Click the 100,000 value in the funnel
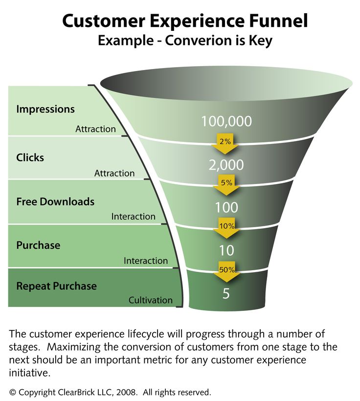[226, 121]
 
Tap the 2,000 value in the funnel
[226, 165]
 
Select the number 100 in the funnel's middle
[226, 207]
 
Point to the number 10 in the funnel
[226, 251]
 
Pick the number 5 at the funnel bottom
[226, 294]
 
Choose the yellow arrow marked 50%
[226, 271]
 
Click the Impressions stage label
[45, 109]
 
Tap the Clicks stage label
[30, 158]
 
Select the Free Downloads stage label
[55, 201]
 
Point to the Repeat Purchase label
[56, 286]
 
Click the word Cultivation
[150, 300]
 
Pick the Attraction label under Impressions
[95, 129]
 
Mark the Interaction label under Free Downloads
[133, 216]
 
